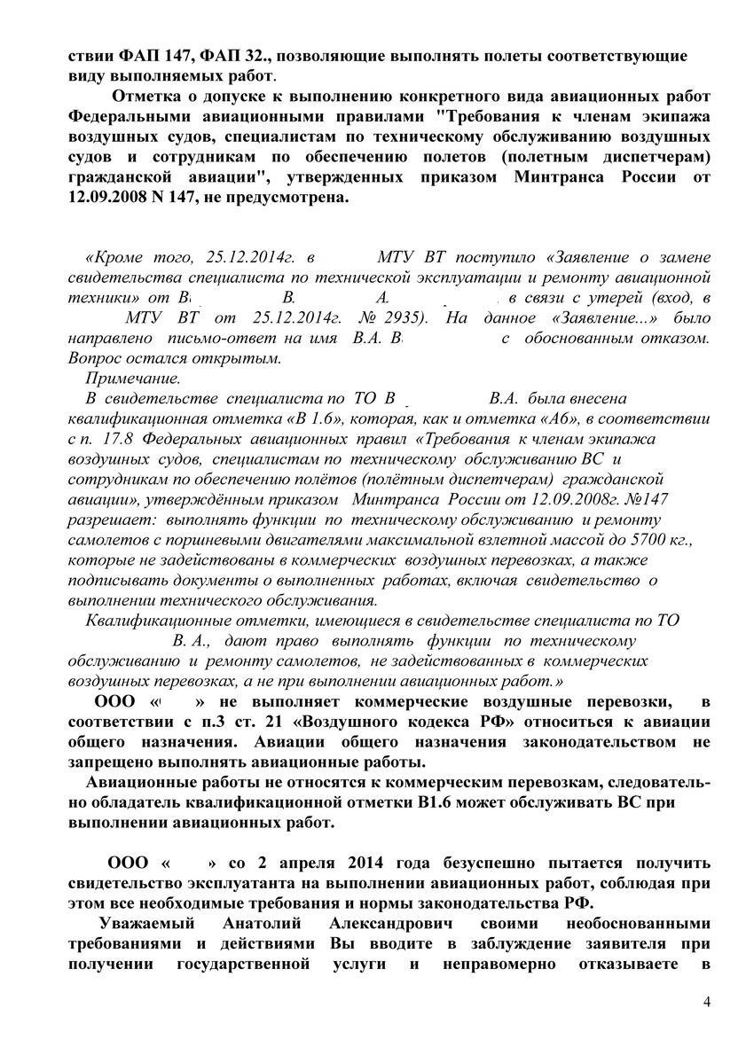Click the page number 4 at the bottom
[706, 1002]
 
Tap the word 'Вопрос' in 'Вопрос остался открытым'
[95, 359]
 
